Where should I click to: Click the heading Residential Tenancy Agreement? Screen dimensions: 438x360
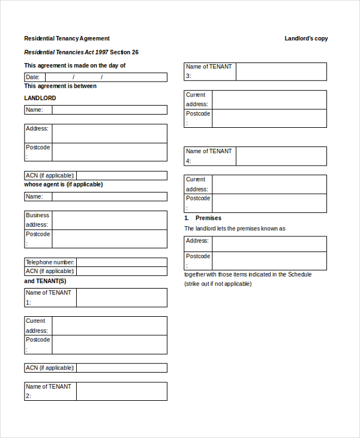[x=67, y=38]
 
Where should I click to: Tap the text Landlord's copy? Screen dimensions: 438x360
[x=306, y=38]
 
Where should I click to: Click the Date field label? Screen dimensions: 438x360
[x=33, y=77]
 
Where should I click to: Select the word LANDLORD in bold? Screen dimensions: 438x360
[x=40, y=98]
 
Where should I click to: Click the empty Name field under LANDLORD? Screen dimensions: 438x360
[x=109, y=110]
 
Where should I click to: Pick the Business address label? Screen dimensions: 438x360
[x=37, y=220]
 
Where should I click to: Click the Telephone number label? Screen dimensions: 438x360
[x=50, y=262]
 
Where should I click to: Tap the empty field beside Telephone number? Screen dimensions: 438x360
[x=122, y=262]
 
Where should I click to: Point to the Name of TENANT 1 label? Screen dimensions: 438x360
[x=48, y=297]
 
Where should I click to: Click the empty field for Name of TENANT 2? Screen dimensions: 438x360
[x=122, y=391]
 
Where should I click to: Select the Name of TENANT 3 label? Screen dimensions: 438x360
[x=209, y=71]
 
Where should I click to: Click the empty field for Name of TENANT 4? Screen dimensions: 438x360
[x=281, y=156]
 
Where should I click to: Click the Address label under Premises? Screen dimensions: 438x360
[x=197, y=241]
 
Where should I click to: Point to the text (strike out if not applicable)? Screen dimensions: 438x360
[x=218, y=284]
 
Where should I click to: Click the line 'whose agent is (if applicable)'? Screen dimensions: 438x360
[x=63, y=184]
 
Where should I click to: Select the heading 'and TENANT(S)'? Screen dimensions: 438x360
[x=45, y=281]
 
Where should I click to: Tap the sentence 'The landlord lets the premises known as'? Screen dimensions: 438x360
[x=235, y=229]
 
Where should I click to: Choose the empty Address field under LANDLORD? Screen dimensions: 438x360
[x=109, y=133]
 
